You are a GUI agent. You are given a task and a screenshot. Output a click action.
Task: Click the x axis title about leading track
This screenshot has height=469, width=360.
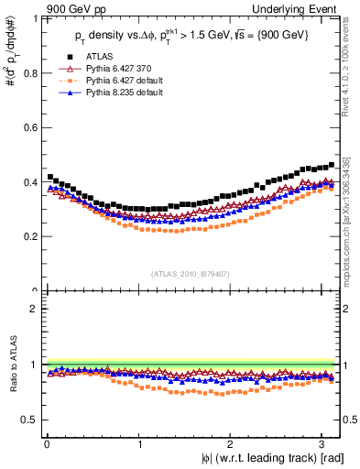tap(266, 457)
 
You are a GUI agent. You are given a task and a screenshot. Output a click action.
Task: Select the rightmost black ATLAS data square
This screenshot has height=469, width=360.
tap(332, 165)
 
